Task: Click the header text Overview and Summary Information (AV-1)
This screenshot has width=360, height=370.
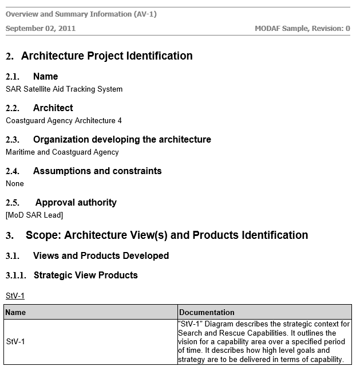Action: click(81, 14)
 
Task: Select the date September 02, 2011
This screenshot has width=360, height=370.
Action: click(41, 28)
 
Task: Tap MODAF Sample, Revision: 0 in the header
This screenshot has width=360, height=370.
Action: click(302, 28)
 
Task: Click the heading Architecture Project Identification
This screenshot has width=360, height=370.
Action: click(106, 56)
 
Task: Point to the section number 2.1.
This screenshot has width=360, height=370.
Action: click(13, 77)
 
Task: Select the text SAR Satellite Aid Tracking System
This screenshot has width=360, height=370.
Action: click(64, 89)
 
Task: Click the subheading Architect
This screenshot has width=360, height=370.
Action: click(53, 108)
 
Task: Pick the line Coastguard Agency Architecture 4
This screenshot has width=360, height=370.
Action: click(64, 121)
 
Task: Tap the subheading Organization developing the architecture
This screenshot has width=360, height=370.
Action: click(122, 140)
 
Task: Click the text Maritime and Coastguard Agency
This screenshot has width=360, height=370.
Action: click(62, 152)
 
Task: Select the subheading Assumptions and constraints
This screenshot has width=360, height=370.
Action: click(97, 171)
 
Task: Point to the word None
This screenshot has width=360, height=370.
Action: click(15, 184)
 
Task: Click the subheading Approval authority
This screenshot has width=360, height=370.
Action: click(76, 203)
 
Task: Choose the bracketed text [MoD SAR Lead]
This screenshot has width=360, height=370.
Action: click(34, 215)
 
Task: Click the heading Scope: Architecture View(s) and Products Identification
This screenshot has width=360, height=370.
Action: click(167, 235)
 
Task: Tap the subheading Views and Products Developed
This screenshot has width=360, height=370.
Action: click(101, 256)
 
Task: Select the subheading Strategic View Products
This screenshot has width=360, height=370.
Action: click(86, 275)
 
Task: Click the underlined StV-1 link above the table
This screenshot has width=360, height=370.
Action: click(15, 296)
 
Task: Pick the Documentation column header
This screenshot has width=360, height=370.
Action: click(207, 313)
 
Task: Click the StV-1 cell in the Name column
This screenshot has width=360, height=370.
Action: click(15, 342)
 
